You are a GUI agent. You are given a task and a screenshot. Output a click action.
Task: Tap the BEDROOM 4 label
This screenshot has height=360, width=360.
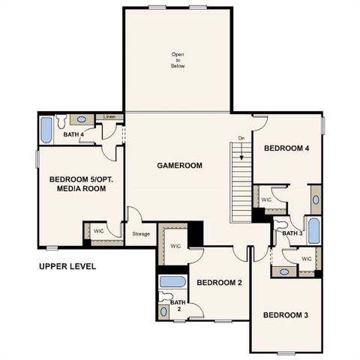[x=286, y=148]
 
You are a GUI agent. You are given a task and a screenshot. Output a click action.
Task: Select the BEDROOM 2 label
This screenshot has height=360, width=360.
[x=218, y=283]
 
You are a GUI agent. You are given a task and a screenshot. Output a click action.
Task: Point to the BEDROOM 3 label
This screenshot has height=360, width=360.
[x=286, y=315]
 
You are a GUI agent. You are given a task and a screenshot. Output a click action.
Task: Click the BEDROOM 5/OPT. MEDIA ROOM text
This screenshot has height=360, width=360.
[x=76, y=184]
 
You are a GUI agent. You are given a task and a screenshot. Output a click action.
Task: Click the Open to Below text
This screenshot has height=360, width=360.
[x=177, y=60]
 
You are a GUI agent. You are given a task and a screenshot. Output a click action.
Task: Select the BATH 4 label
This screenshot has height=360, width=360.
[x=73, y=135]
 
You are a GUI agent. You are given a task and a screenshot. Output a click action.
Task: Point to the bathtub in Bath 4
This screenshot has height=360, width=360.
[x=46, y=130]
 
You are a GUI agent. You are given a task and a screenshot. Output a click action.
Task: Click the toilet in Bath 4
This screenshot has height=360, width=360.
[x=63, y=119]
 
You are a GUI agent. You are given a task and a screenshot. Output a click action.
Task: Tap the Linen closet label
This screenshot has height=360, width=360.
[x=109, y=117]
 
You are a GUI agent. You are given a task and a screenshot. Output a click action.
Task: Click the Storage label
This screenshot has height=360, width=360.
[x=141, y=234]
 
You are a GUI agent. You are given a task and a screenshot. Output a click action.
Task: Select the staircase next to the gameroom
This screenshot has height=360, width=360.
[x=241, y=184]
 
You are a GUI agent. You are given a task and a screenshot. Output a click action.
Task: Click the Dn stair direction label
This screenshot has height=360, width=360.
[x=241, y=138]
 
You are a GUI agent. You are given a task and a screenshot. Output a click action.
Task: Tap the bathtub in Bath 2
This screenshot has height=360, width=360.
[x=173, y=283]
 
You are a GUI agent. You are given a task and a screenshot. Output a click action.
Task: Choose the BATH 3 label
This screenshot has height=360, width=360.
[x=291, y=233]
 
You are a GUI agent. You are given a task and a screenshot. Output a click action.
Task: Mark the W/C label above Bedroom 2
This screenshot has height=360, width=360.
[x=175, y=246]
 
